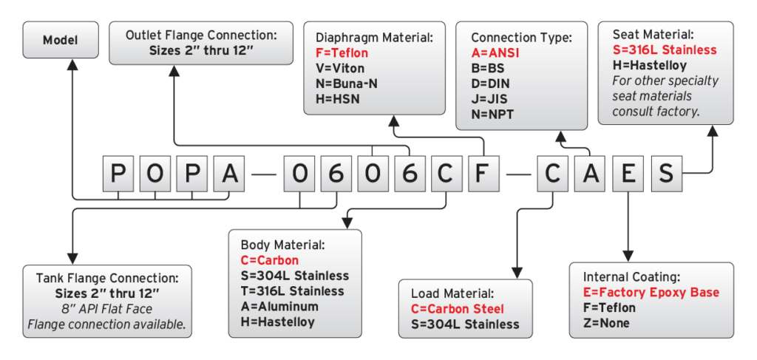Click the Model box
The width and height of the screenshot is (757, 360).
click(60, 40)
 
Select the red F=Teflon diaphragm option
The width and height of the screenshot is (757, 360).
click(342, 53)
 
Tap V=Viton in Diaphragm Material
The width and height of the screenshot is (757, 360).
click(341, 68)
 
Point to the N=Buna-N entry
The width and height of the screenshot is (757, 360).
click(347, 83)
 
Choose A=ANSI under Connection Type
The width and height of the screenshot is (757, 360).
click(495, 53)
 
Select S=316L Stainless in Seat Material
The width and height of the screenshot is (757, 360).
click(665, 50)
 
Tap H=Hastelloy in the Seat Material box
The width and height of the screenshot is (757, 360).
click(649, 65)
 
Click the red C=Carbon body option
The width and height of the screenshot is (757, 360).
click(269, 260)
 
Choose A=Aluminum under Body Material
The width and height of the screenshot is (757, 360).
click(279, 306)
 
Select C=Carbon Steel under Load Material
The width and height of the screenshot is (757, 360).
click(458, 309)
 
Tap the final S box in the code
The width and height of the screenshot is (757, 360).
click(665, 174)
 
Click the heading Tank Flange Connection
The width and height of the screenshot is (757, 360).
click(107, 279)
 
